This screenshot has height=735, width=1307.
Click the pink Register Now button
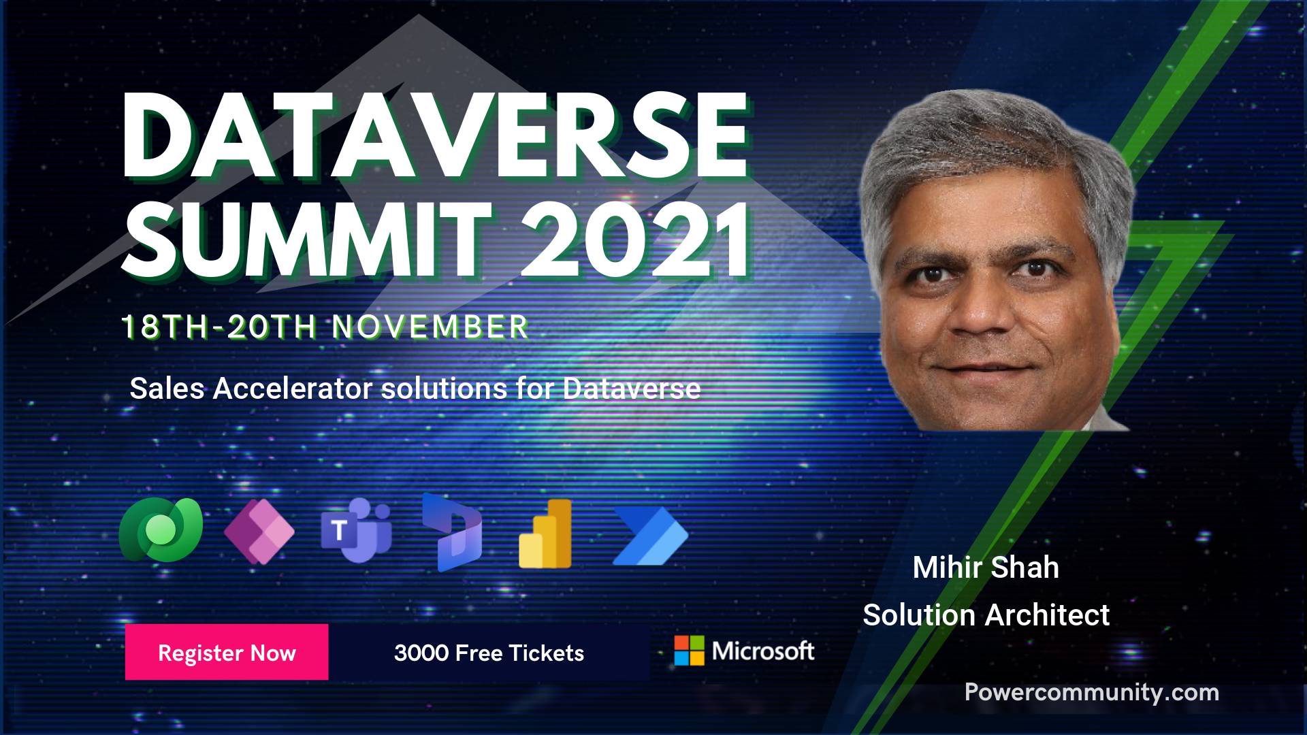point(227,652)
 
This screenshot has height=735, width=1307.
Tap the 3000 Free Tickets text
point(489,653)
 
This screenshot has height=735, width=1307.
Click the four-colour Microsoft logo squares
point(689,651)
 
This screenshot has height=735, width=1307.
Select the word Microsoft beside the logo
point(763,651)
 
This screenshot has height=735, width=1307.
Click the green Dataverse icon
point(161,530)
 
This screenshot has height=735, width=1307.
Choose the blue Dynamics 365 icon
point(451,532)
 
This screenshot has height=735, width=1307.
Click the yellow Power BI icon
point(545,534)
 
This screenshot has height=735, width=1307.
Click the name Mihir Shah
point(986,568)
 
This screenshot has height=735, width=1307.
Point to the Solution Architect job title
point(986,615)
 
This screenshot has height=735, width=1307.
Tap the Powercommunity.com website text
point(1092,693)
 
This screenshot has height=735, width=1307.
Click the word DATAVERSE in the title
point(434,136)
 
